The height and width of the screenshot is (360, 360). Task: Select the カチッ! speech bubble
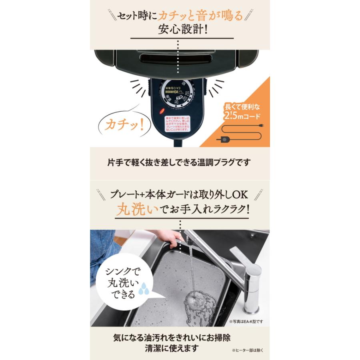pos(125,124)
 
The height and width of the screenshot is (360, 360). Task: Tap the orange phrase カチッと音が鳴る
pos(200,16)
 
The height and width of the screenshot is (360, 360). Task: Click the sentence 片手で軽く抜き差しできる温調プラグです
pos(180,163)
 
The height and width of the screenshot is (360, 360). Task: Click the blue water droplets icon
pos(142,291)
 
